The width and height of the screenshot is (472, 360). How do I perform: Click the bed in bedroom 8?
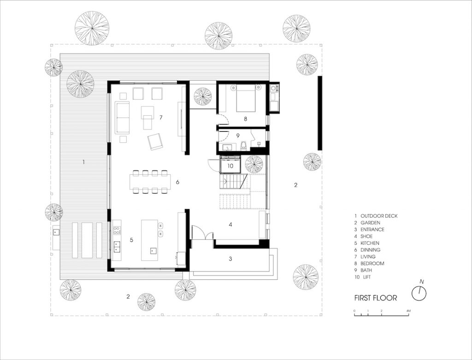click(x=246, y=98)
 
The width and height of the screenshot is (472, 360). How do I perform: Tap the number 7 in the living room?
click(x=161, y=118)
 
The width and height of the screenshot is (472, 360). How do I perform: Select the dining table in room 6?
click(x=150, y=182)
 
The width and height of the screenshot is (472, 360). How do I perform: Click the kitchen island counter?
click(x=150, y=240)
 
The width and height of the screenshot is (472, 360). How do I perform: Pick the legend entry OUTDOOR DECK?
click(x=379, y=216)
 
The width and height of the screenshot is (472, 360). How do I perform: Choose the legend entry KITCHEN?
click(x=370, y=243)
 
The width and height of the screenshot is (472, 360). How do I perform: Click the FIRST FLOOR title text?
click(x=376, y=298)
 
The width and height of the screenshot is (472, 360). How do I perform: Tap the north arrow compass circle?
click(x=419, y=293)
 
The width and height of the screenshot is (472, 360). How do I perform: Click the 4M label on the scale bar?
click(x=408, y=311)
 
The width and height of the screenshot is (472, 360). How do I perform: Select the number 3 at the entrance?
click(x=230, y=259)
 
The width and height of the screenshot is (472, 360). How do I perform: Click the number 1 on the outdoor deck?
click(x=84, y=162)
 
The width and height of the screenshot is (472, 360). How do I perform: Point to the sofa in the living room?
click(x=122, y=118)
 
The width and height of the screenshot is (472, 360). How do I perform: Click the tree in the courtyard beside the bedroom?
click(x=203, y=96)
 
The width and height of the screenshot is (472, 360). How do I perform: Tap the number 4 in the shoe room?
click(x=230, y=224)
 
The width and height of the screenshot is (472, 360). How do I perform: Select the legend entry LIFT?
click(x=366, y=277)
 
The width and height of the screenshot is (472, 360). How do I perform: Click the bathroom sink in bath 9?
click(x=227, y=147)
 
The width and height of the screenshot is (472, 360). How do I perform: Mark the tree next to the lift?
click(x=254, y=165)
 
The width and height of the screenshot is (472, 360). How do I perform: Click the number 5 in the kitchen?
click(x=131, y=240)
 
